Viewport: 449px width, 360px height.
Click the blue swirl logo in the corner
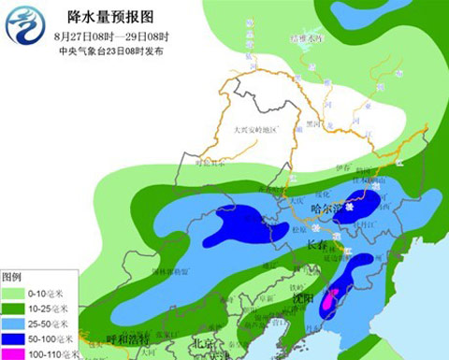click(24, 24)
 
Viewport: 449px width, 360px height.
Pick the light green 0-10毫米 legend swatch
click(19, 293)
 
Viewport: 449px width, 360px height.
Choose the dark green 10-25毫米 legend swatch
click(19, 308)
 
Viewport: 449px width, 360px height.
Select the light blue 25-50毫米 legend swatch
click(19, 323)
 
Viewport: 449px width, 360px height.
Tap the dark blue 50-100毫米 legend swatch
click(19, 338)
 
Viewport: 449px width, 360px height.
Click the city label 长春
click(314, 245)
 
